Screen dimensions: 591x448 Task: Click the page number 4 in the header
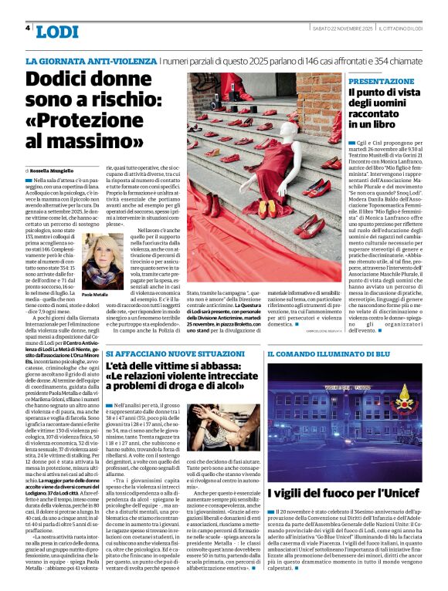click(x=28, y=28)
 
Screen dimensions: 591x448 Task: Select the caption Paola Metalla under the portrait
click(x=96, y=295)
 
